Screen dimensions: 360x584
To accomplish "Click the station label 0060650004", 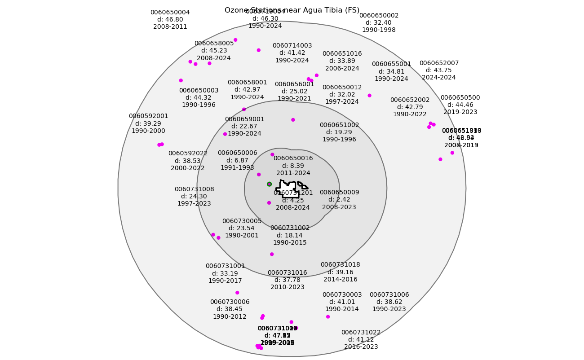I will pos(170,13).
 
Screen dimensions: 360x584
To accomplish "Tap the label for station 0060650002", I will pos(379,16).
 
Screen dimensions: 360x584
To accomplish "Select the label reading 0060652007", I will pos(439,63).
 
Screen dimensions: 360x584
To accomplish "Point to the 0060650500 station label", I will pos(460,98).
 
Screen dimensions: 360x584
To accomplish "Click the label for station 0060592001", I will pos(148,116).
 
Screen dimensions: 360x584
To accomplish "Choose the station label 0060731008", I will pos(194,189).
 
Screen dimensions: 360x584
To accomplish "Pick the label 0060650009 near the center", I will pos(339,193).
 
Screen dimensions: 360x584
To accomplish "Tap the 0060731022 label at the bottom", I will pos(361,333).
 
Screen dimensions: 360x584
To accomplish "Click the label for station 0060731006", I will pos(389,295).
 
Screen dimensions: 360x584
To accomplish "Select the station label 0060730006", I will pos(230,302).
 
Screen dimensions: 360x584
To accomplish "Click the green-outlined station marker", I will pos(269,184).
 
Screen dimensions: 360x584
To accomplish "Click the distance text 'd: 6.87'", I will pos(237,160).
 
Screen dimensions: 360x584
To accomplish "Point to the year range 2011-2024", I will pos(293,173).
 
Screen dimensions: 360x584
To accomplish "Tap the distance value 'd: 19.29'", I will pos(339,132).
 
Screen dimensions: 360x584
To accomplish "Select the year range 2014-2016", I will pos(340,279).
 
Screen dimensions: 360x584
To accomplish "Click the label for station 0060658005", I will pos(214,44).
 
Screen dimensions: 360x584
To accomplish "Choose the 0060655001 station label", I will pos(391,64).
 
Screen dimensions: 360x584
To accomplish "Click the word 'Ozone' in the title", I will pos(235,10).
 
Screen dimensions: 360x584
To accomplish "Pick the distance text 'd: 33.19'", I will pos(225,273).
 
